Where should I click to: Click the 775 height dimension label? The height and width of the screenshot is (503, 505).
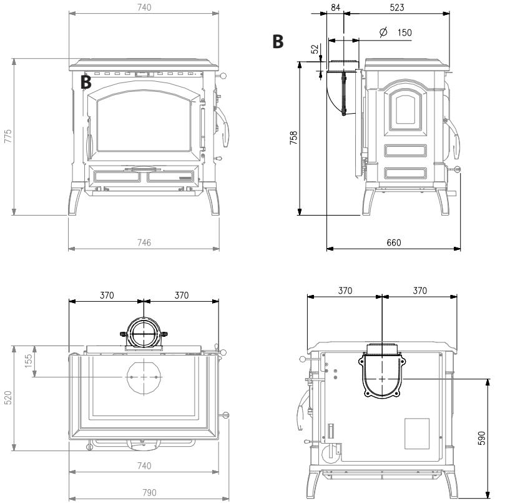pos(7,136)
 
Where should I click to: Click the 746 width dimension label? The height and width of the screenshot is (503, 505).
pos(144,242)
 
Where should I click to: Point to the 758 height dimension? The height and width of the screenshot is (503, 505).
pos(293,137)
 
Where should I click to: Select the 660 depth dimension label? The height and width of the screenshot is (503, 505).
pos(394,242)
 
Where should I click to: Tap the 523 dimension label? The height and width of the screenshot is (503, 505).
pos(397,7)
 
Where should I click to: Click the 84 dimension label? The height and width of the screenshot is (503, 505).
pos(336,7)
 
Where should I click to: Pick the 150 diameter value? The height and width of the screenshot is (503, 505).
pos(404,32)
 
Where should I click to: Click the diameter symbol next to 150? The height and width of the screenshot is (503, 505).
pos(383,32)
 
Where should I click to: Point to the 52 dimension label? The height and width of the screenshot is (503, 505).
pos(315,49)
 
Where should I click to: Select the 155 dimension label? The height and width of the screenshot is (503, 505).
pos(29,361)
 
